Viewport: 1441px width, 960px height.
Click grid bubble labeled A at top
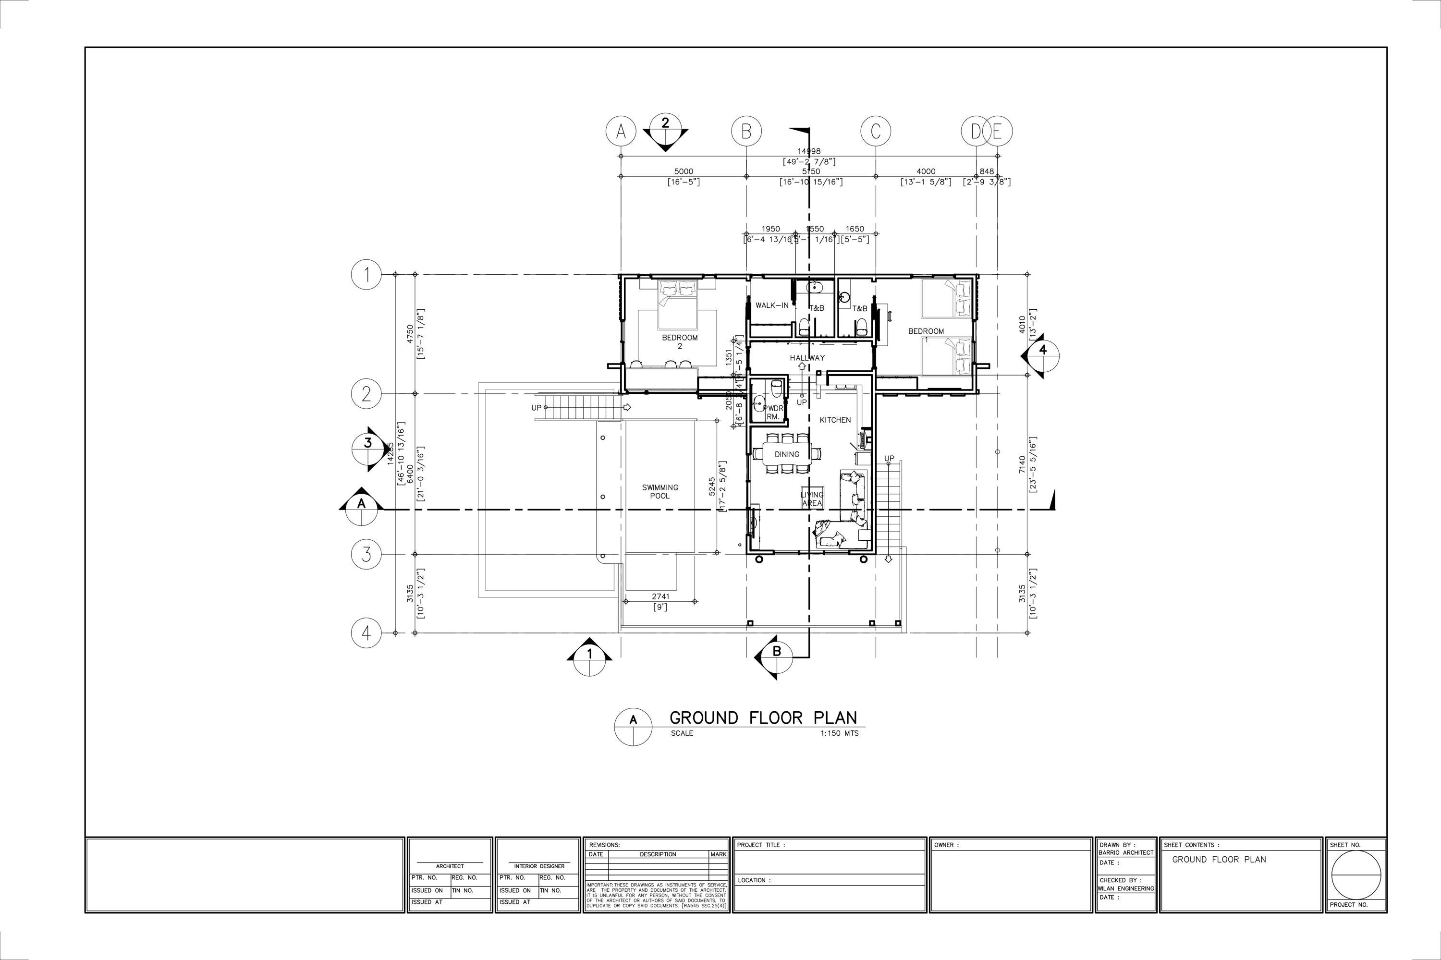[x=621, y=131]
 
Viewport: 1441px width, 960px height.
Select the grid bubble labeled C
[x=875, y=131]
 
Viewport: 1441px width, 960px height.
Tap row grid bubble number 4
[x=366, y=632]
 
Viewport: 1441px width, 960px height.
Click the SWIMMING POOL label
[x=659, y=492]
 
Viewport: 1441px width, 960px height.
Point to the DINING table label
[x=787, y=454]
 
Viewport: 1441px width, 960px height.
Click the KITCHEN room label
[x=835, y=420]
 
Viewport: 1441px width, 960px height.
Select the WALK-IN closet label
[x=771, y=305]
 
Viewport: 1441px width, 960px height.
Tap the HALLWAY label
[x=806, y=358]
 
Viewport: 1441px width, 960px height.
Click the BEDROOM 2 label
[x=679, y=341]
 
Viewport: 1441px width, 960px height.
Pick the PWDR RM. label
[x=773, y=412]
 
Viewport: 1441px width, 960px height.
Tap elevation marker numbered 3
[x=367, y=443]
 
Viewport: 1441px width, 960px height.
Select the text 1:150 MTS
[x=839, y=733]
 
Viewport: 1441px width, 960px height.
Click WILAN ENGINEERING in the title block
[x=1125, y=888]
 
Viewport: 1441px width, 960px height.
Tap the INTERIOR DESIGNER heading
[x=539, y=866]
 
